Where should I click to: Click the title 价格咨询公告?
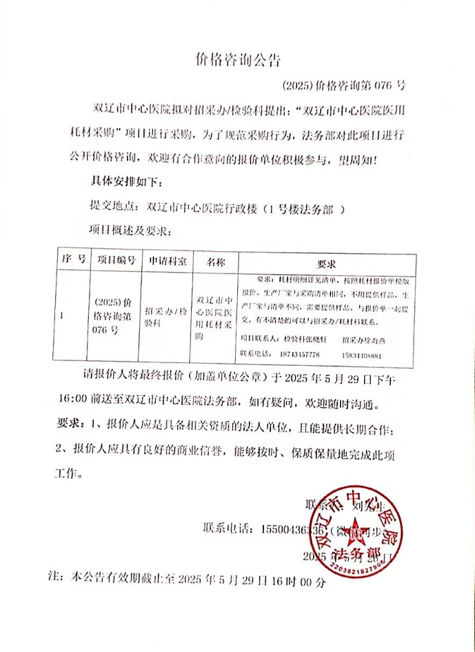tap(236, 61)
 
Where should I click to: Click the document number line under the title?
tap(343, 86)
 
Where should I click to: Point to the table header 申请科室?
tap(165, 262)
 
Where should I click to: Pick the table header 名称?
tap(214, 263)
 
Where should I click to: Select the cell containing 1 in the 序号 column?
tap(63, 315)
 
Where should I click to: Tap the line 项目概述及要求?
tap(132, 229)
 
